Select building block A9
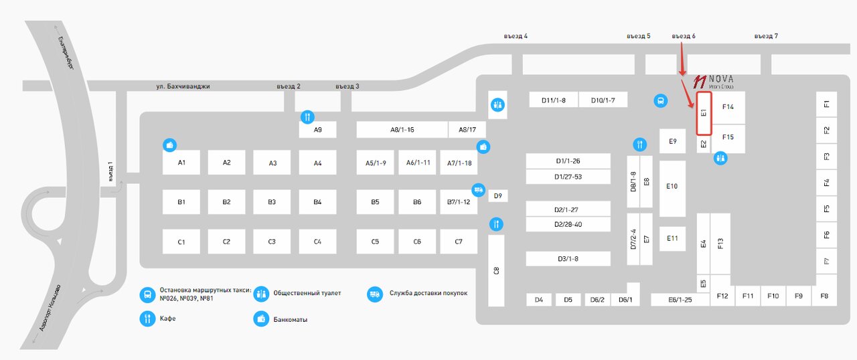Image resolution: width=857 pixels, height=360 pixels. (x=317, y=130)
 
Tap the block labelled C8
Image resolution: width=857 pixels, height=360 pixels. (x=496, y=270)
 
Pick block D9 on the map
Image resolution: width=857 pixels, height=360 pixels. (x=497, y=196)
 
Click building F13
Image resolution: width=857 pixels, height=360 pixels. (x=720, y=244)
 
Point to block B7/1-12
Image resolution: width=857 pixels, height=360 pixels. (x=459, y=201)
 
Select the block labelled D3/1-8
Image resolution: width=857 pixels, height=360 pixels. (x=568, y=259)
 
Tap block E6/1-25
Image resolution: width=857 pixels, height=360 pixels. (x=680, y=300)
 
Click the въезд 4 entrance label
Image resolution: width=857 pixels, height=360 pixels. (x=516, y=36)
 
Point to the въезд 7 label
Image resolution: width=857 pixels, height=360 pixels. (x=765, y=36)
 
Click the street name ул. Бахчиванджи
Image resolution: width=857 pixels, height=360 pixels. (x=183, y=86)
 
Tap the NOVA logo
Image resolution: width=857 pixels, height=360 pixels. (x=714, y=82)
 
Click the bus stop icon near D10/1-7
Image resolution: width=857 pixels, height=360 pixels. (x=659, y=101)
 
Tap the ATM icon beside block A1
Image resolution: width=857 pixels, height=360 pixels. (x=170, y=145)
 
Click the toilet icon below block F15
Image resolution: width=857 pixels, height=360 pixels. (x=720, y=159)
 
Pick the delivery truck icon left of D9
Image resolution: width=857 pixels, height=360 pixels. (x=479, y=189)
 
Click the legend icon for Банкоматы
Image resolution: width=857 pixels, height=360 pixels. (x=260, y=319)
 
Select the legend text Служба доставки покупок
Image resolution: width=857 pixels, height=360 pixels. (x=428, y=293)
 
